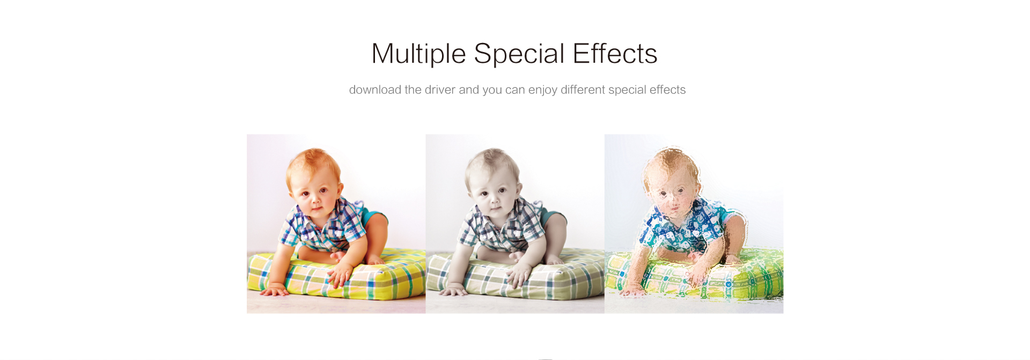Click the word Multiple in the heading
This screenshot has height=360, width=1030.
tap(418, 54)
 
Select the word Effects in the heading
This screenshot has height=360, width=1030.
tap(615, 54)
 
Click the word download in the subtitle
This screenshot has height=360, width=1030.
tap(375, 90)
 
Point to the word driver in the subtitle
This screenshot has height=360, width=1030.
tap(440, 90)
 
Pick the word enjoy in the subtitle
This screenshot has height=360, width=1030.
tap(542, 90)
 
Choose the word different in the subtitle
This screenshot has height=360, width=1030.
tap(583, 90)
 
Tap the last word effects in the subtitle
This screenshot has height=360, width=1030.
tap(667, 90)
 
